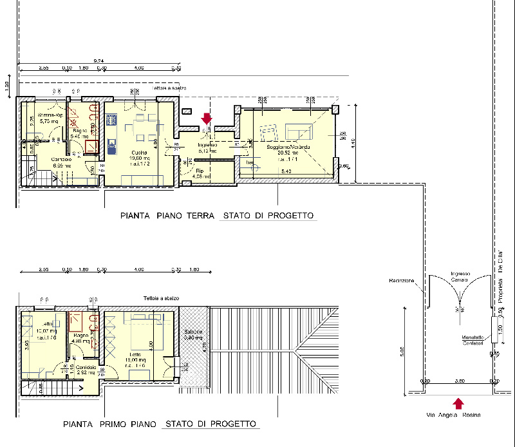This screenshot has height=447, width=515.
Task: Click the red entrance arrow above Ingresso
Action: [207, 119]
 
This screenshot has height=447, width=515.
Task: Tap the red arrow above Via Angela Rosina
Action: [458, 404]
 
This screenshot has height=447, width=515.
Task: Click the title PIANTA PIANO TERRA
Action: [167, 216]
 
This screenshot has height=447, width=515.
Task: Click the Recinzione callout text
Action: [401, 280]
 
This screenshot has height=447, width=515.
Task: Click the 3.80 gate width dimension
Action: [460, 381]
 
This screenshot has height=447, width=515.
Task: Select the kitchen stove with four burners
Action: [111, 120]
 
